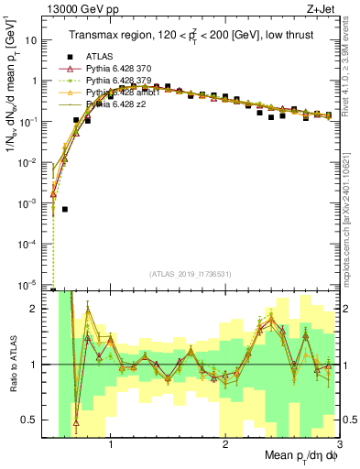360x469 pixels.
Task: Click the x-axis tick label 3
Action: (338, 443)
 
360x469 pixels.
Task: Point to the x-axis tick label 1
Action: (111, 443)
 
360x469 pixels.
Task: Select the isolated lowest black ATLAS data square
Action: (65, 209)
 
